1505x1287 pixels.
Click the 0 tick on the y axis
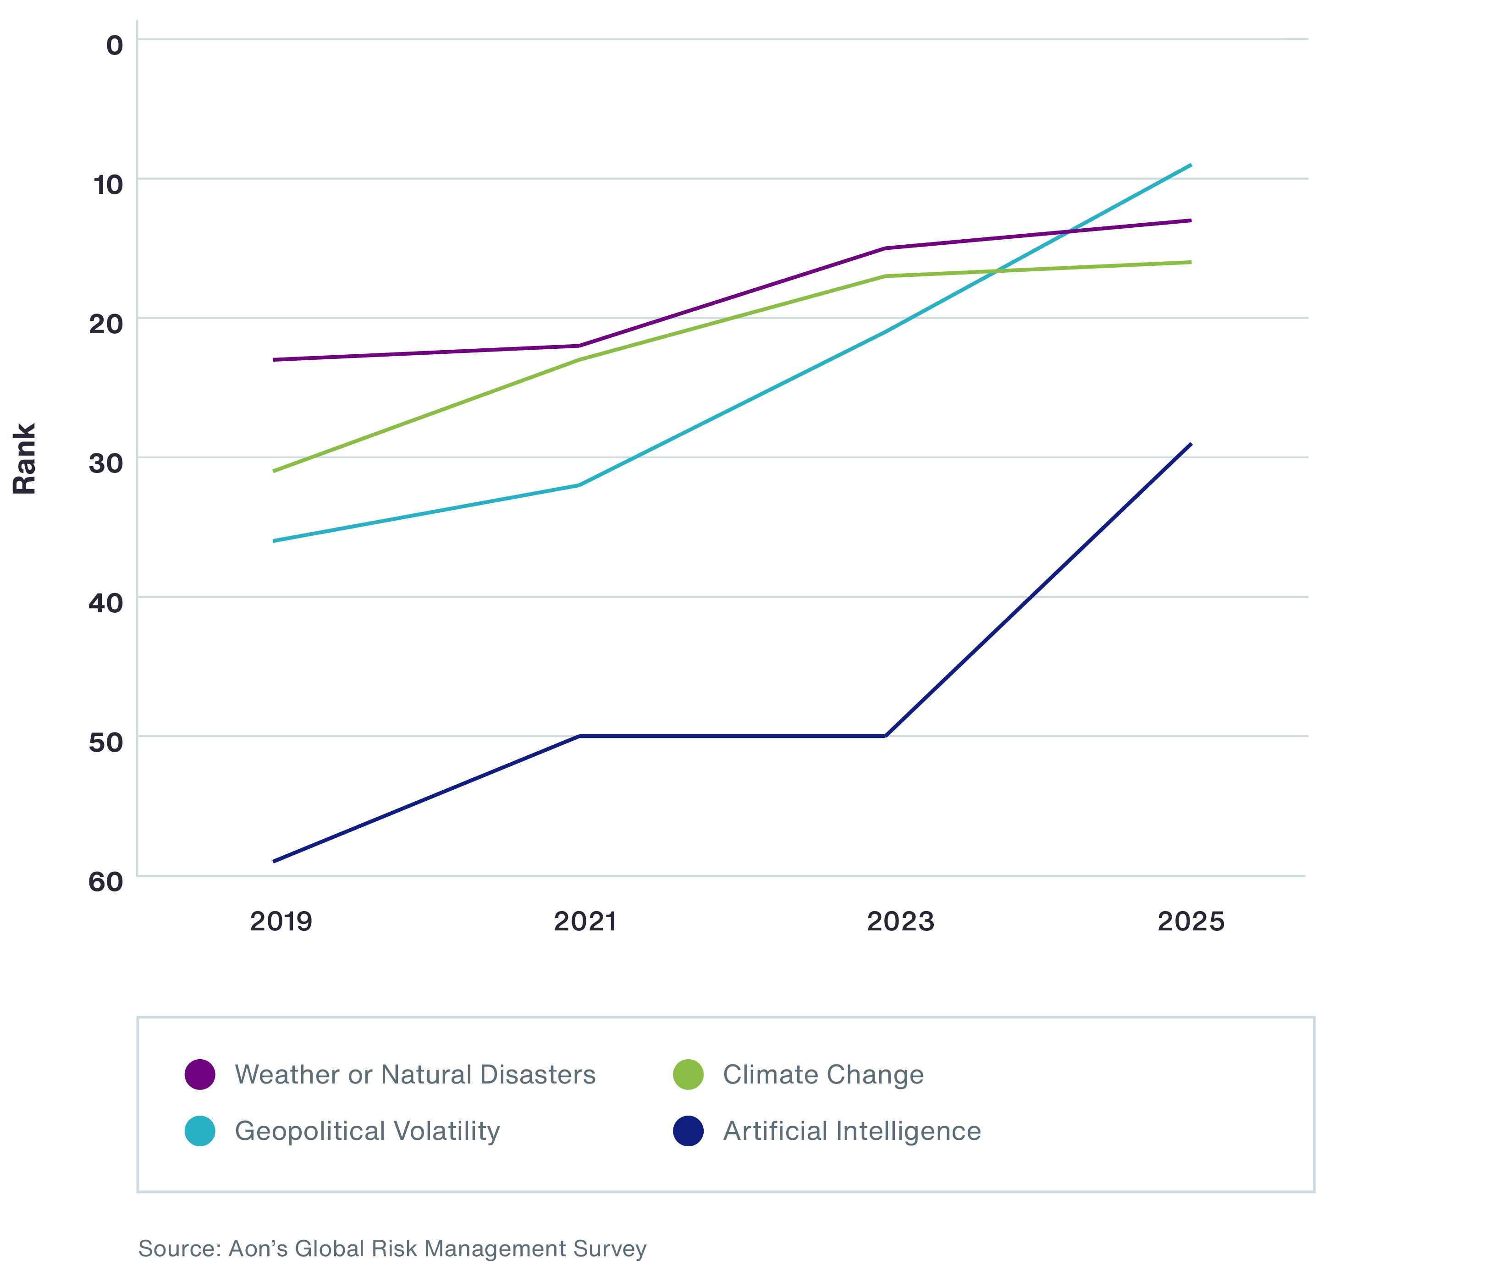pos(115,45)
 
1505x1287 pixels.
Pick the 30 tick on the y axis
pos(105,463)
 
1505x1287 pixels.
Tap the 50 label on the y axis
pos(105,742)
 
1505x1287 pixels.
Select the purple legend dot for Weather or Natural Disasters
pos(200,1074)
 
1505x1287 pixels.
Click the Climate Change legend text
pos(823,1074)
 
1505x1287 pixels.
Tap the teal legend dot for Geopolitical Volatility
pos(200,1131)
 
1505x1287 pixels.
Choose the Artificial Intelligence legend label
pos(852,1131)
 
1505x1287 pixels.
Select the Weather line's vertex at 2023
pos(885,248)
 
